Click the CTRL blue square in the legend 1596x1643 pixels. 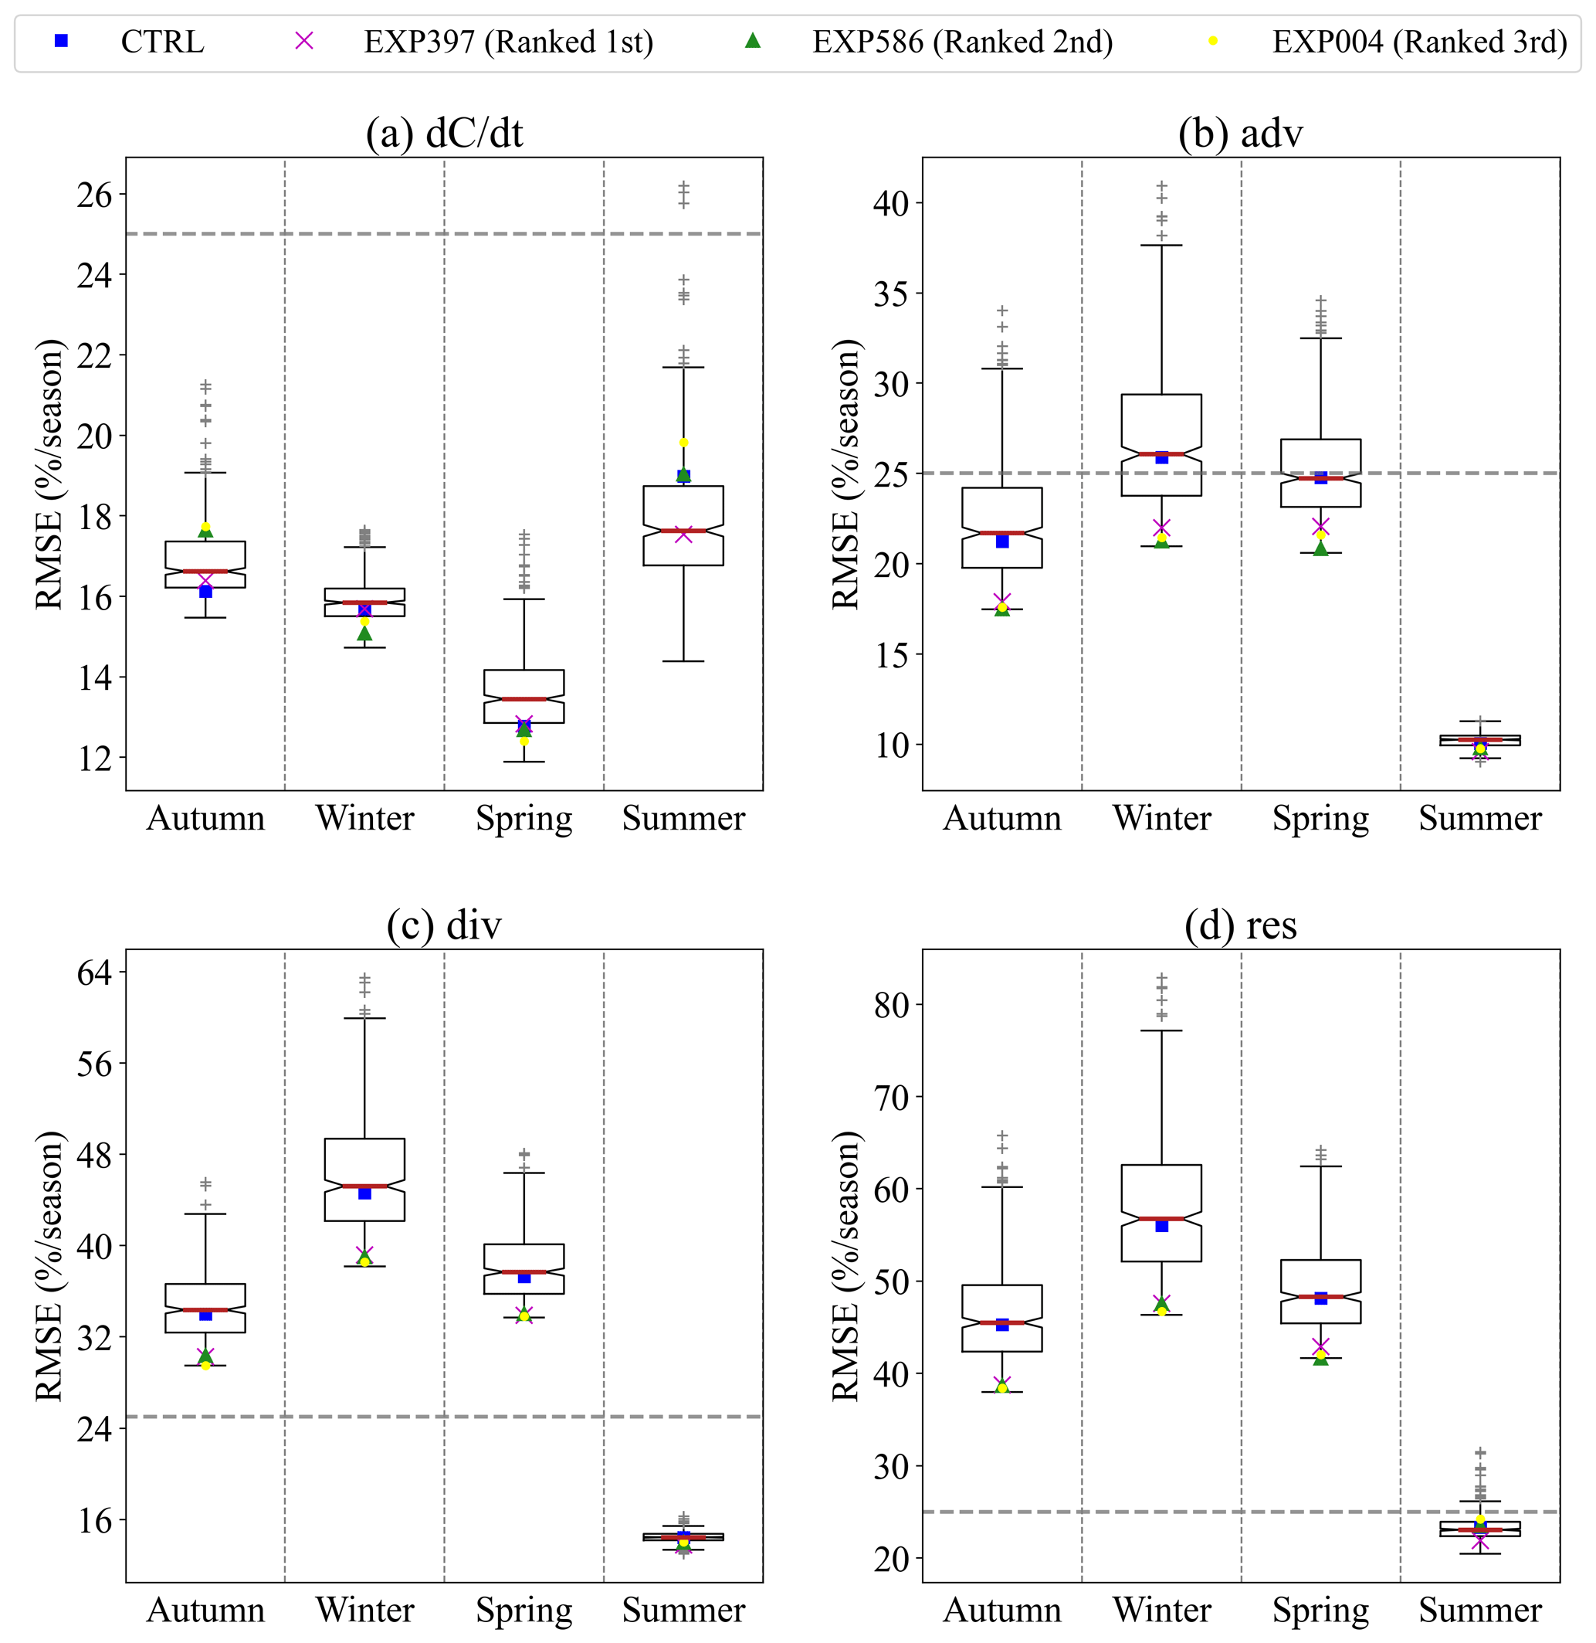click(x=61, y=40)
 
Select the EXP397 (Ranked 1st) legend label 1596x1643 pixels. click(x=508, y=42)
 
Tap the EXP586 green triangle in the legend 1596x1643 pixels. click(x=753, y=40)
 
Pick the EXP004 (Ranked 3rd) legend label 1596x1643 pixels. click(x=1419, y=42)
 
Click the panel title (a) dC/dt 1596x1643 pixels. click(x=444, y=133)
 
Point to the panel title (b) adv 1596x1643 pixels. click(x=1241, y=133)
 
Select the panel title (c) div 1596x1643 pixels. click(x=444, y=925)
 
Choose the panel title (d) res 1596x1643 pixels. click(x=1241, y=925)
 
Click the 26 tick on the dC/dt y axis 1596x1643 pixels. click(x=94, y=195)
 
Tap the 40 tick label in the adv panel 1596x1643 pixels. click(x=891, y=203)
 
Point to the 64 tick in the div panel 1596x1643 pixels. click(x=94, y=972)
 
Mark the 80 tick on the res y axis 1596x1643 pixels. click(x=891, y=1005)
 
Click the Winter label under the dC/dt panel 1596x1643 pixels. click(x=364, y=818)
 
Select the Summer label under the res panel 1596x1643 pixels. click(x=1480, y=1610)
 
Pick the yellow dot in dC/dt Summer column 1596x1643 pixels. click(x=684, y=443)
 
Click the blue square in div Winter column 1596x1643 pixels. click(x=364, y=1193)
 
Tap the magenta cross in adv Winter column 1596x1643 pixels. click(x=1162, y=528)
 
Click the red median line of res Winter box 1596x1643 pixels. click(x=1162, y=1219)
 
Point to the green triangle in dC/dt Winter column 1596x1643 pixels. click(x=364, y=634)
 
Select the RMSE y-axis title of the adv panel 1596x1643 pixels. click(x=845, y=474)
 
